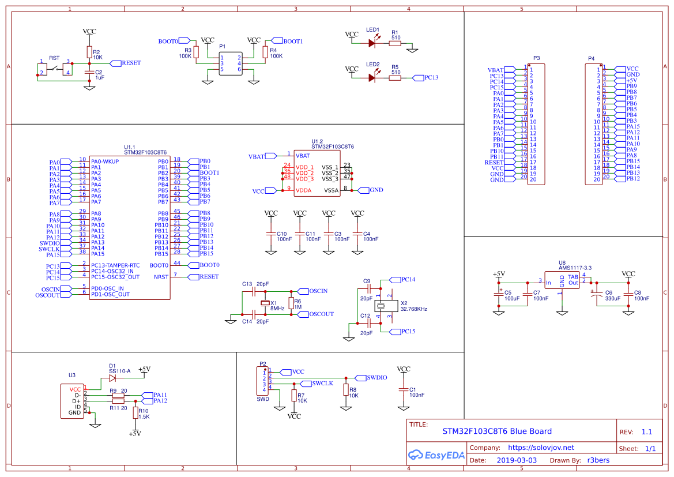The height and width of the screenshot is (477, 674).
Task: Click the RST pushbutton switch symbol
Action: point(55,69)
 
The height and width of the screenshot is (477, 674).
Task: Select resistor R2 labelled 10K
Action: point(89,52)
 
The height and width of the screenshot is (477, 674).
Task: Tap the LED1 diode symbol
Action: point(372,43)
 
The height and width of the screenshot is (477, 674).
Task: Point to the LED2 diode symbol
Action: point(372,77)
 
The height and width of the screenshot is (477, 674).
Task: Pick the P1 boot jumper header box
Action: point(231,63)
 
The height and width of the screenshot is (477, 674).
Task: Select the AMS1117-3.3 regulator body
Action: point(562,280)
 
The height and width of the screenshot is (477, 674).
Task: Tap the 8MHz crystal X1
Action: point(265,303)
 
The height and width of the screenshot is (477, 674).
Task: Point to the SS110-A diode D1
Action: point(112,378)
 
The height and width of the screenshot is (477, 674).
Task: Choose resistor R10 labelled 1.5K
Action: point(135,413)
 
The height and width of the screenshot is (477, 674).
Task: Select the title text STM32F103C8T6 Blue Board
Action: point(497,431)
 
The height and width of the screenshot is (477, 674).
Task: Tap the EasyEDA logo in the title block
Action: point(436,455)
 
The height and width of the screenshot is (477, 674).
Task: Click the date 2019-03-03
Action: point(517,460)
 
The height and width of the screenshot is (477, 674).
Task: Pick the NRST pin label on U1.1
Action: point(161,277)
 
